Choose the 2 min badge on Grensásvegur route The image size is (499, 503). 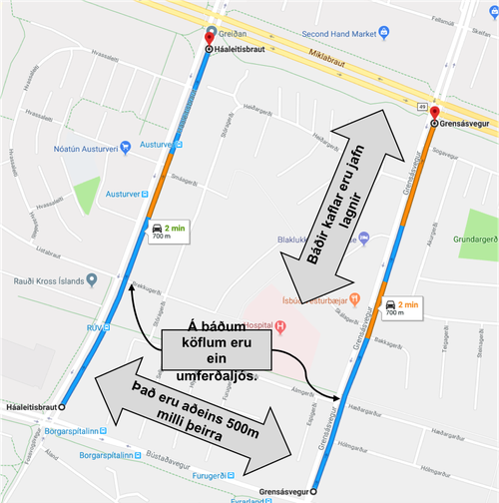pos(401,306)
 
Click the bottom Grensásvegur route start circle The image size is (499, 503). pos(312,491)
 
